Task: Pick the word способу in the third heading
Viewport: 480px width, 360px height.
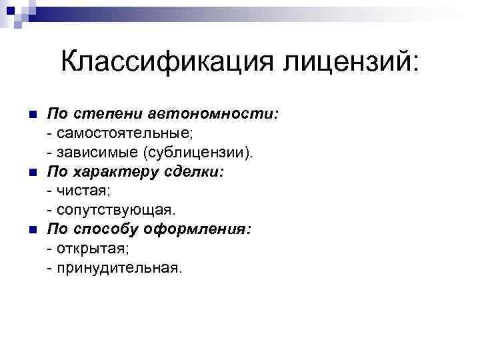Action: coord(108,230)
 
